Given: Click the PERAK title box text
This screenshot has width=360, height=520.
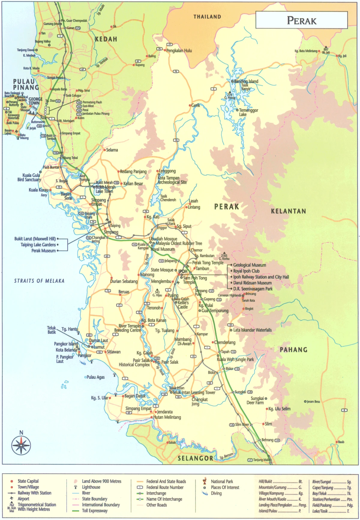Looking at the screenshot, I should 301,20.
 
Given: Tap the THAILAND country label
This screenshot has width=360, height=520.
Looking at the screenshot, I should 207,17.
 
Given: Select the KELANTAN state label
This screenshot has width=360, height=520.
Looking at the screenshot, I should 289,211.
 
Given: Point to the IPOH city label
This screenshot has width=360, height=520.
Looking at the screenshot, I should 183,271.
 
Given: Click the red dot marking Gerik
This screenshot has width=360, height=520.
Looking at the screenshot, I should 190,105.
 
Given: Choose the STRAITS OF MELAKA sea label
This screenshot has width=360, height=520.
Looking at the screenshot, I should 39,281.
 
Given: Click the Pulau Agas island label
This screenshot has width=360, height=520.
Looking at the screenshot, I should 95,377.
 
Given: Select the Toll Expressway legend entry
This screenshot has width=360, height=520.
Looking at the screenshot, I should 94,511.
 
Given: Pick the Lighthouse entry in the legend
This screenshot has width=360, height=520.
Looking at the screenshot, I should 91,487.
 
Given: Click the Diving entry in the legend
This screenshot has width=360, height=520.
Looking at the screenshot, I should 216,493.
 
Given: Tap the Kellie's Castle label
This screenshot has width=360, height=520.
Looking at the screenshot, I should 183,305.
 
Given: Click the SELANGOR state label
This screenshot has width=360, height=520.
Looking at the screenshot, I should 195,458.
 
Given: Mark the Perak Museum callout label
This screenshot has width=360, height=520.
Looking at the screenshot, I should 43,251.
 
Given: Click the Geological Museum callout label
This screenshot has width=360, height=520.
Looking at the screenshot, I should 250,265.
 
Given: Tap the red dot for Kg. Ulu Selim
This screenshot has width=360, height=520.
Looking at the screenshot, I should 267,409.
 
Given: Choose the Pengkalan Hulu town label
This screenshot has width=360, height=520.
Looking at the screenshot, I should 179,50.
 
